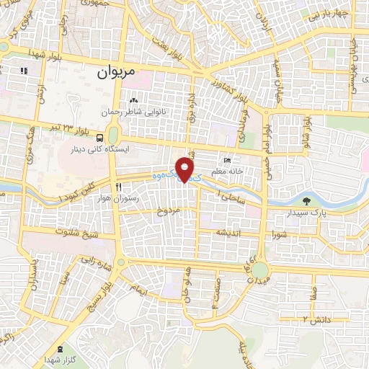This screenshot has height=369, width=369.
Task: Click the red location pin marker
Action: [x=186, y=170]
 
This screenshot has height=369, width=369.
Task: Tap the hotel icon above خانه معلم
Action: [x=228, y=161]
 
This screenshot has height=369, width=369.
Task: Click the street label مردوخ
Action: [x=166, y=211]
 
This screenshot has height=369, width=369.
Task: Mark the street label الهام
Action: [x=137, y=289]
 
